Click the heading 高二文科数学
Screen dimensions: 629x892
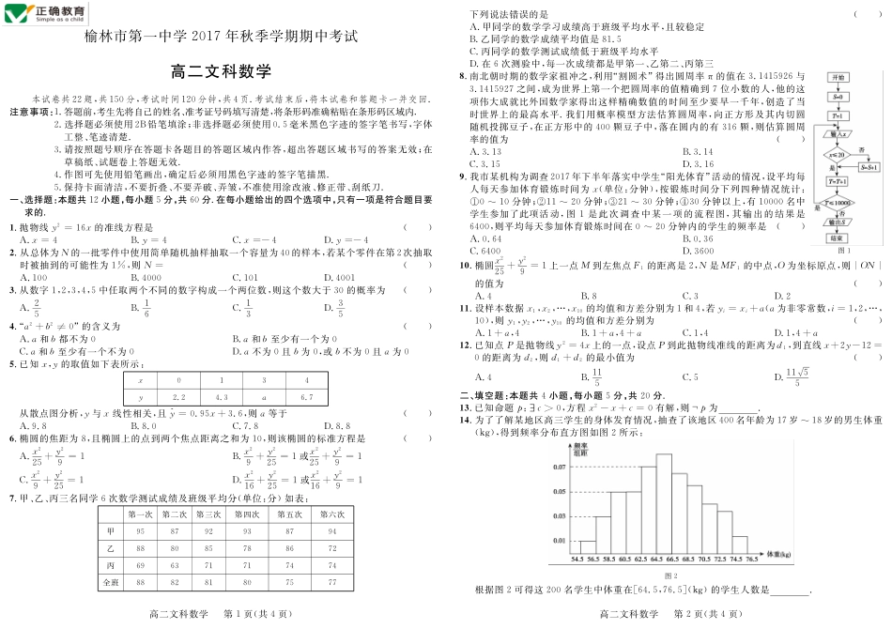click(222, 71)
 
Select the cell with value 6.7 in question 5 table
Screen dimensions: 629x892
click(305, 397)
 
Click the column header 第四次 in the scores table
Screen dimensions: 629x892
click(247, 514)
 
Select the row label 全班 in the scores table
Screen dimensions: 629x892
click(111, 582)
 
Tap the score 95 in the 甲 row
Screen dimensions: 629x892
click(141, 531)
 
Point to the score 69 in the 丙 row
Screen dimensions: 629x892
click(141, 565)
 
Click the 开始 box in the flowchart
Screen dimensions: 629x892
click(838, 77)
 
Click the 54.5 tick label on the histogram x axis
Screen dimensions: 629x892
click(577, 559)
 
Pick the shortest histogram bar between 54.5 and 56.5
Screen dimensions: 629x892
click(588, 545)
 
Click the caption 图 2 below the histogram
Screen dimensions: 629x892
click(670, 575)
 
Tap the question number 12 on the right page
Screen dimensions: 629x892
click(464, 345)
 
